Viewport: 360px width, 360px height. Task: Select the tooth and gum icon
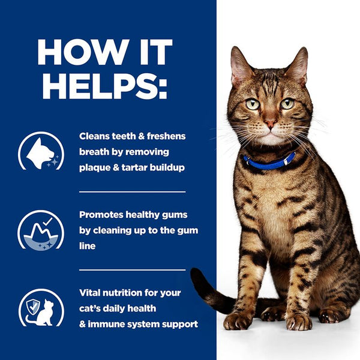pos(40,230)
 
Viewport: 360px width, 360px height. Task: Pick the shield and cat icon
pos(40,308)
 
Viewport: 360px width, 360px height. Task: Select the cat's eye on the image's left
pos(253,104)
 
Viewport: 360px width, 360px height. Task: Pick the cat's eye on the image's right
pos(287,103)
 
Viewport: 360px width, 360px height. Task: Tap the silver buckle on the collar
pos(290,158)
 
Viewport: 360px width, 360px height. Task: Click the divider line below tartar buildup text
pos(132,192)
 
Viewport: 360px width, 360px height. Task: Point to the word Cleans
pos(95,136)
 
